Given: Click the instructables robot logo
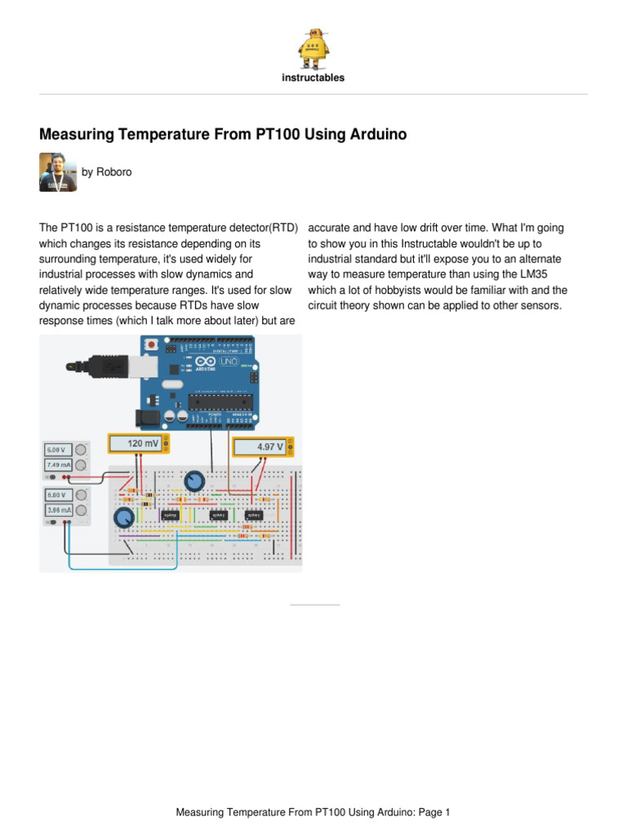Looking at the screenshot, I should point(313,48).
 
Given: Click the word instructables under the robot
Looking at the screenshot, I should point(313,78).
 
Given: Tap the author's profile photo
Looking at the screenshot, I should point(58,172).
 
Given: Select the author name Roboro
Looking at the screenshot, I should point(113,172).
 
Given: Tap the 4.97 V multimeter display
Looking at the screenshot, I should point(261,447).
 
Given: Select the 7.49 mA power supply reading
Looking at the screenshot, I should point(59,465).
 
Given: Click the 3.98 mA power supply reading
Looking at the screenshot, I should point(59,510).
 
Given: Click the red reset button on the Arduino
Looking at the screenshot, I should point(150,346).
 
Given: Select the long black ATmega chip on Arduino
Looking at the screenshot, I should point(216,399).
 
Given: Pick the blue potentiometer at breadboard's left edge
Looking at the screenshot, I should point(123,518).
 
